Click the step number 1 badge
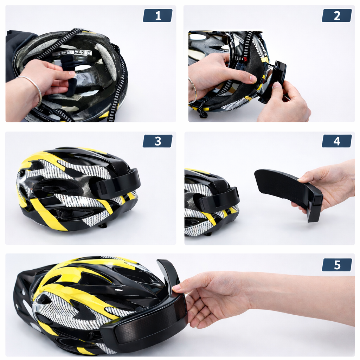pyautogui.click(x=157, y=15)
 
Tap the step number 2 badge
pyautogui.click(x=337, y=15)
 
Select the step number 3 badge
pyautogui.click(x=157, y=141)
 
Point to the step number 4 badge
pyautogui.click(x=337, y=141)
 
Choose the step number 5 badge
pyautogui.click(x=337, y=265)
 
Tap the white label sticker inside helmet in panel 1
pyautogui.click(x=72, y=53)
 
